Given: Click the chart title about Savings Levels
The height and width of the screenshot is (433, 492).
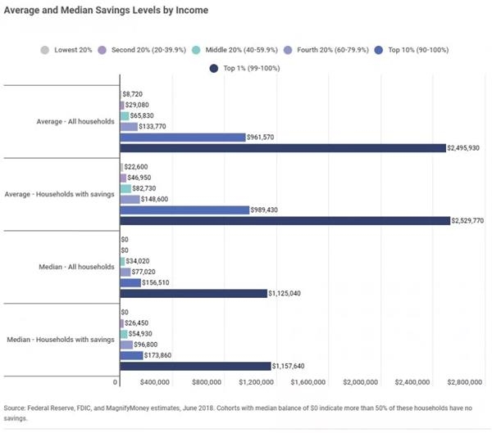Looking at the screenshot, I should pyautogui.click(x=107, y=11).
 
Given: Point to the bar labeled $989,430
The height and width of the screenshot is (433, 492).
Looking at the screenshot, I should pyautogui.click(x=184, y=210).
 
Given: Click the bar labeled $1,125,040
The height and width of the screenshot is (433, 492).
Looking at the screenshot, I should pyautogui.click(x=194, y=293).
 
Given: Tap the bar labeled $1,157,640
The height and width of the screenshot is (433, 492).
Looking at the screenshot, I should pyautogui.click(x=195, y=366).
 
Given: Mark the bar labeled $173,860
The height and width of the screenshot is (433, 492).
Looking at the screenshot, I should pyautogui.click(x=130, y=355).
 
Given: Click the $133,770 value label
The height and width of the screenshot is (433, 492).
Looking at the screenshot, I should pyautogui.click(x=157, y=126).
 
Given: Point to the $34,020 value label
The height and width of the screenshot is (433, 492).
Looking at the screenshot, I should pyautogui.click(x=142, y=261).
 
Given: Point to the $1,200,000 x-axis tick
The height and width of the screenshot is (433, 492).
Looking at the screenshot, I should pyautogui.click(x=257, y=382).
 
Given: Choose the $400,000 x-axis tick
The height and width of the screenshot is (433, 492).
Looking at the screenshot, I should pyautogui.click(x=153, y=382).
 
